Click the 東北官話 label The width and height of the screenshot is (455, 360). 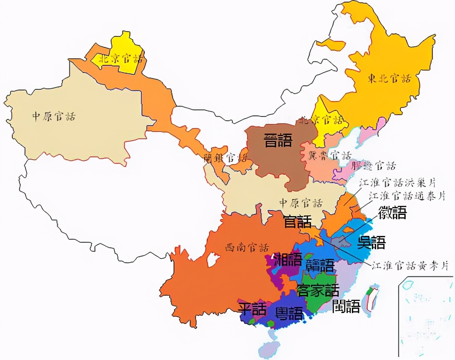(389, 79)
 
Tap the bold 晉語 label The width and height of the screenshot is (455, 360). (278, 141)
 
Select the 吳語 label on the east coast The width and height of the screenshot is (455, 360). (371, 243)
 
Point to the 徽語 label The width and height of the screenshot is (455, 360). (392, 213)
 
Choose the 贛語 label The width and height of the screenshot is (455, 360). (320, 265)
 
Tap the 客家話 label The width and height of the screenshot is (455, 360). (318, 291)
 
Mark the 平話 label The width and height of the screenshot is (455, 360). (252, 309)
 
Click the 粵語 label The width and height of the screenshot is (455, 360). (289, 313)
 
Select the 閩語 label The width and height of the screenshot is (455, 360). (346, 306)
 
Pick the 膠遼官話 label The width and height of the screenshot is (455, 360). (373, 166)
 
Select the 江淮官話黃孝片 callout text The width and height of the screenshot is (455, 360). (410, 266)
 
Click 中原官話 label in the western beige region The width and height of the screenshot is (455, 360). (53, 116)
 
